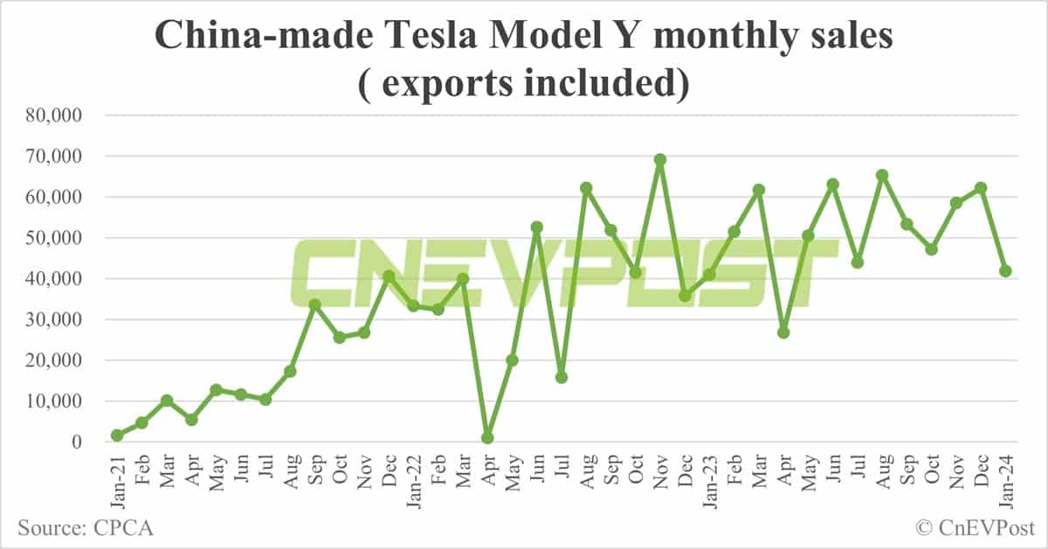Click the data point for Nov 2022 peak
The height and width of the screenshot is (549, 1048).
click(x=660, y=160)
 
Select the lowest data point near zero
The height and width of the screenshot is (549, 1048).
click(x=487, y=438)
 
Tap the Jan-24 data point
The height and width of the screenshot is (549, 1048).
click(x=1005, y=271)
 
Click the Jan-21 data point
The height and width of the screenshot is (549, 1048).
click(x=117, y=435)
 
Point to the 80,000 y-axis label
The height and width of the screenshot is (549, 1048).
click(x=54, y=115)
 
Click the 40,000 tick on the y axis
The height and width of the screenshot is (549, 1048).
click(x=54, y=279)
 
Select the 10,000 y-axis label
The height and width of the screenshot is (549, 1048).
click(x=54, y=401)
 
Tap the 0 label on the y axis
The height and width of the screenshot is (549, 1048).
click(x=77, y=442)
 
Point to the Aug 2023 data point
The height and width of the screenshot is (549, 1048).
click(x=882, y=175)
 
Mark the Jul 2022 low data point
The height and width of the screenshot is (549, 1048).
click(x=562, y=378)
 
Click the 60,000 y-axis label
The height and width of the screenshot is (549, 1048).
click(x=54, y=198)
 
